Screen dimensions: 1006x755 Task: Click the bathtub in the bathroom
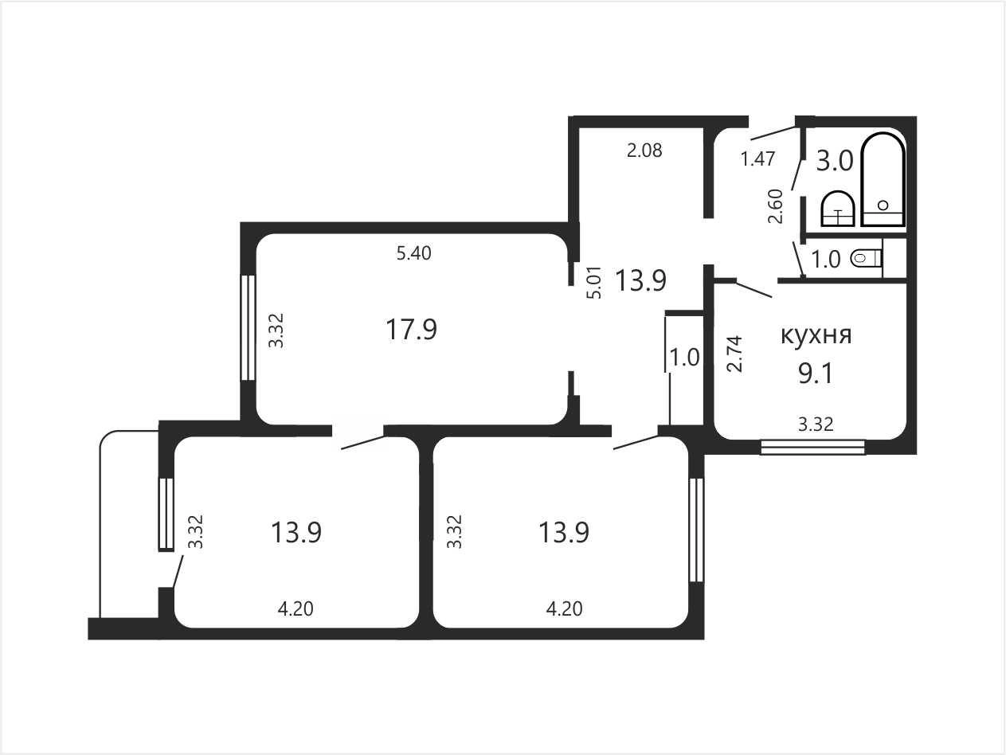[x=883, y=179]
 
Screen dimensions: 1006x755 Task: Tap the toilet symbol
[x=867, y=259]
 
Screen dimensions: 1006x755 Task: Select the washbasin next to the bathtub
[x=838, y=209]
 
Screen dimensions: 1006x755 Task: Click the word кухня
[x=816, y=335]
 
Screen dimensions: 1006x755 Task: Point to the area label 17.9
[x=412, y=330]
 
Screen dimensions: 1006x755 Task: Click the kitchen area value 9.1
[x=816, y=374]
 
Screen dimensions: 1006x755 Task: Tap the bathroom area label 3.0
[x=835, y=161]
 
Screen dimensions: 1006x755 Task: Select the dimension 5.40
[x=414, y=253]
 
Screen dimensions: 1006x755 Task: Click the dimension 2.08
[x=644, y=151]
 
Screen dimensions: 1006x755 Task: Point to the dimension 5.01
[x=594, y=282]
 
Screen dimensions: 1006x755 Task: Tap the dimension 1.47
[x=757, y=158]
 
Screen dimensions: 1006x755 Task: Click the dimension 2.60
[x=776, y=206]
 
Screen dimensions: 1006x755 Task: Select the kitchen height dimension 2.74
[x=735, y=354]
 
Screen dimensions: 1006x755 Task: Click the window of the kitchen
[x=813, y=447]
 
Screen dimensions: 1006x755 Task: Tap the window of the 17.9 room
[x=248, y=327]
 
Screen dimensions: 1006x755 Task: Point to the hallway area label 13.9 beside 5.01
[x=640, y=280]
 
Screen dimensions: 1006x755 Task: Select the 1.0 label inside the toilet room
[x=826, y=260]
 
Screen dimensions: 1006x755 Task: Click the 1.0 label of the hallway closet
[x=685, y=358]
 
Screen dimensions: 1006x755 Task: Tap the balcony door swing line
[x=178, y=571]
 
